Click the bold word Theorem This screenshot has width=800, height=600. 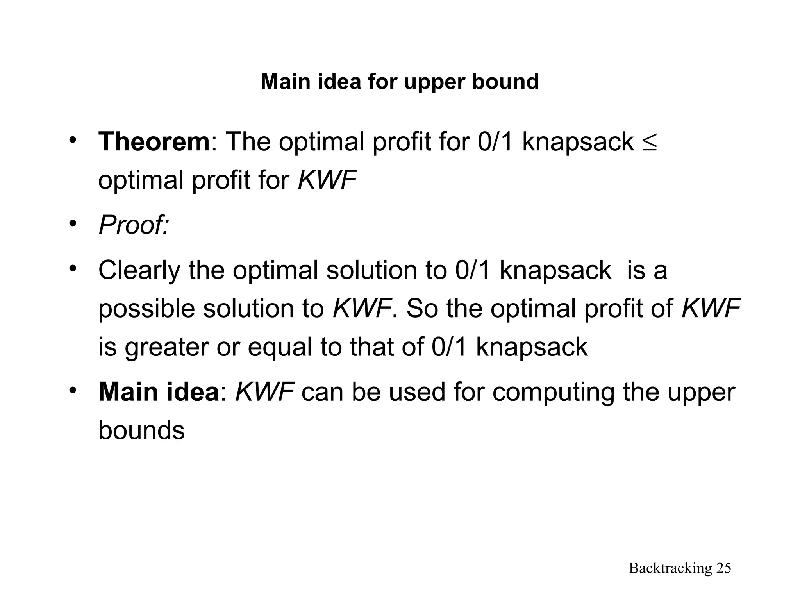(154, 142)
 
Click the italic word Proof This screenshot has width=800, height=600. (133, 225)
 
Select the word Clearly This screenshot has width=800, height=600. (139, 270)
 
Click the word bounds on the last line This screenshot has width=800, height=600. (141, 430)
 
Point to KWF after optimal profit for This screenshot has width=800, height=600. (327, 180)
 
